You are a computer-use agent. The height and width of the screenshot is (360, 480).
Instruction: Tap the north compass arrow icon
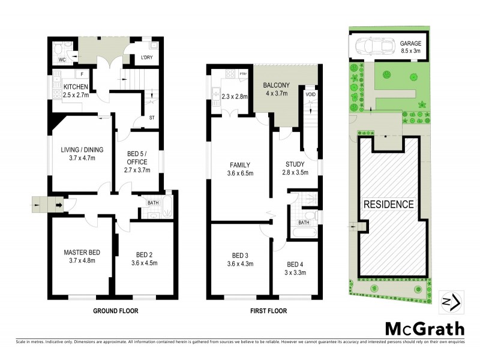point(450,302)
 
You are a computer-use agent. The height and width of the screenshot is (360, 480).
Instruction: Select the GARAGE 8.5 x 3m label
point(411,47)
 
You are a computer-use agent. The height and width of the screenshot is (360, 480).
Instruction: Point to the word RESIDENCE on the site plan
point(388,205)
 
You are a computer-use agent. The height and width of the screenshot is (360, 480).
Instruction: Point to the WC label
point(62,60)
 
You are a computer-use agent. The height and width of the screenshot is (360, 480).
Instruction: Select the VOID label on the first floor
point(310,95)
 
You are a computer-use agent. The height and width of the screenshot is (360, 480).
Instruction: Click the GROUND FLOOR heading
point(116,311)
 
